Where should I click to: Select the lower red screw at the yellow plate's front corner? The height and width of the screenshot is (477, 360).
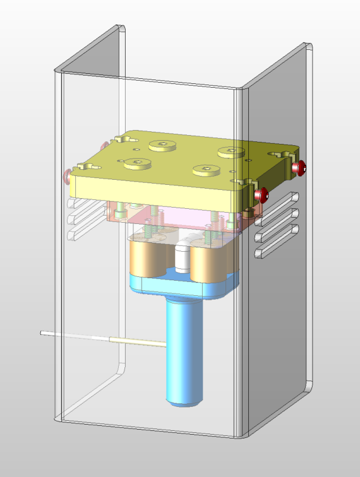[261, 195]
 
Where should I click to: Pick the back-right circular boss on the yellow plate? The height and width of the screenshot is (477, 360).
[231, 151]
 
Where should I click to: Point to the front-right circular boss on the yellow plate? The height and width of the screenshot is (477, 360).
[206, 168]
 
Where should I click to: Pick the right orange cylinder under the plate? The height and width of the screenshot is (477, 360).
[208, 263]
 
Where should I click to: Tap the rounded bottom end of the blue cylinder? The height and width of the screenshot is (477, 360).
[184, 400]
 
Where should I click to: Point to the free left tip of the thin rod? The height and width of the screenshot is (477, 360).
[42, 332]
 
